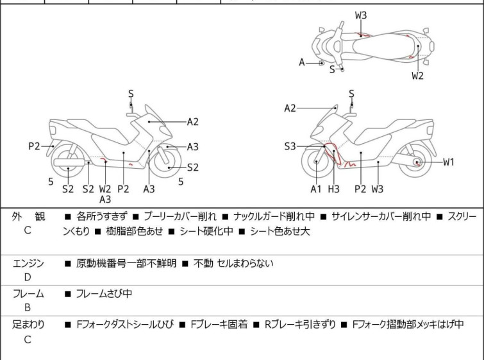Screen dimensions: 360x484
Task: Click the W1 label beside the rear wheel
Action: click(448, 162)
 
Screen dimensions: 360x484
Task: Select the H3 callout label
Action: click(334, 189)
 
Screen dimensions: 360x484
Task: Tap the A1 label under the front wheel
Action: click(316, 189)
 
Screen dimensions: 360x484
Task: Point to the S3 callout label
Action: click(291, 147)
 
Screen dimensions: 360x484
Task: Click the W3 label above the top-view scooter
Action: click(361, 15)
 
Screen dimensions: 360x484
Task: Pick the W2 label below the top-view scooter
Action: click(418, 76)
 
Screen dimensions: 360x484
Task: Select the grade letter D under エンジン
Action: click(28, 277)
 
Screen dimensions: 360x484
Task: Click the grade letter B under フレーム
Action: click(28, 307)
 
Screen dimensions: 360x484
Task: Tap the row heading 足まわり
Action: click(28, 325)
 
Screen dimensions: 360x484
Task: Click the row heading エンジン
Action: click(28, 262)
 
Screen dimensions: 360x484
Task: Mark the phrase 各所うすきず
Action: click(102, 217)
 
